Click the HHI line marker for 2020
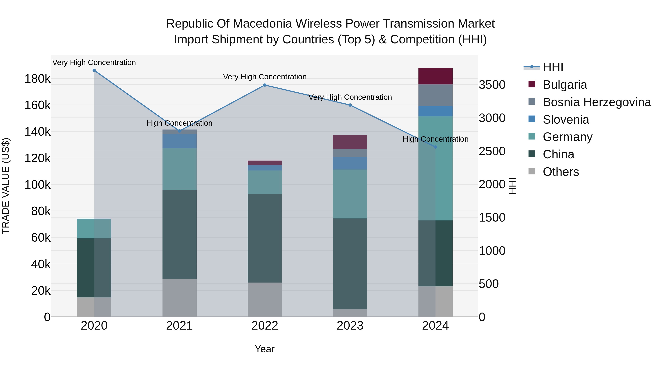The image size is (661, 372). point(94,70)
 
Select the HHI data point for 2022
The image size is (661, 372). point(265,85)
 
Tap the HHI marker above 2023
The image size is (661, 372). point(350,105)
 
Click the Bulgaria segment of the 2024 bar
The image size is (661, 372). point(436,76)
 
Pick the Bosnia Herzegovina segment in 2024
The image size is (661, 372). point(436,95)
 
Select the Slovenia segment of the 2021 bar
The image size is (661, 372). point(179,141)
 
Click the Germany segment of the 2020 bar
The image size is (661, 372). point(94,229)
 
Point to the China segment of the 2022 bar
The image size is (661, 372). point(265,238)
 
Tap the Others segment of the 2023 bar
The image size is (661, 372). point(350,313)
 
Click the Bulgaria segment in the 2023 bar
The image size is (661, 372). point(350,142)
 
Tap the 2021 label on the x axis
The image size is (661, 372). point(179,326)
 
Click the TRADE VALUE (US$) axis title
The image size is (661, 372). point(6,186)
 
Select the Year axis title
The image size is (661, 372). point(265,349)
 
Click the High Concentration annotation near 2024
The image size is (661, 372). point(436,139)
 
